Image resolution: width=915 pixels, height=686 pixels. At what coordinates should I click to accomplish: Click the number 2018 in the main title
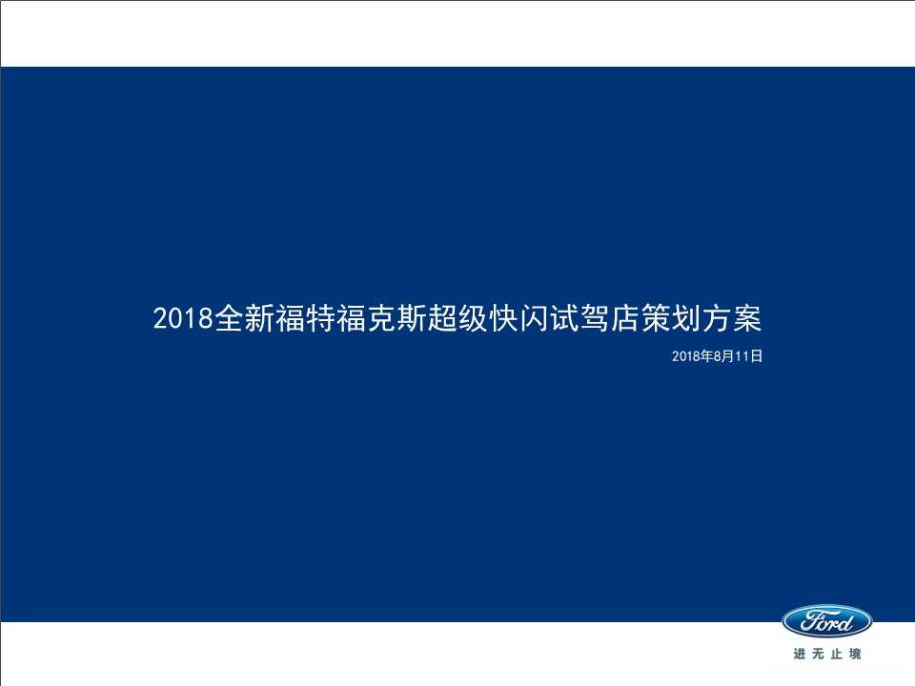(183, 318)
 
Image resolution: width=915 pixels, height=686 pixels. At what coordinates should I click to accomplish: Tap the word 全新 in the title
(243, 318)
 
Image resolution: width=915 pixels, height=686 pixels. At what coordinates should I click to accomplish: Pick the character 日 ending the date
(756, 356)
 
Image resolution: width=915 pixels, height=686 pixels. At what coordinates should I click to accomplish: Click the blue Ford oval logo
(826, 622)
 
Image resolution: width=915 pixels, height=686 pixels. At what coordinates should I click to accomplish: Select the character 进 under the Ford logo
(799, 654)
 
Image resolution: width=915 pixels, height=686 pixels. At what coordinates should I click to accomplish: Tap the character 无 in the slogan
(818, 654)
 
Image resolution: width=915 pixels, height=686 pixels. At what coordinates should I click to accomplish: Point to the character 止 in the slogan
(836, 654)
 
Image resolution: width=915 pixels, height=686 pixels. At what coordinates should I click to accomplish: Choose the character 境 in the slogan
(855, 654)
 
